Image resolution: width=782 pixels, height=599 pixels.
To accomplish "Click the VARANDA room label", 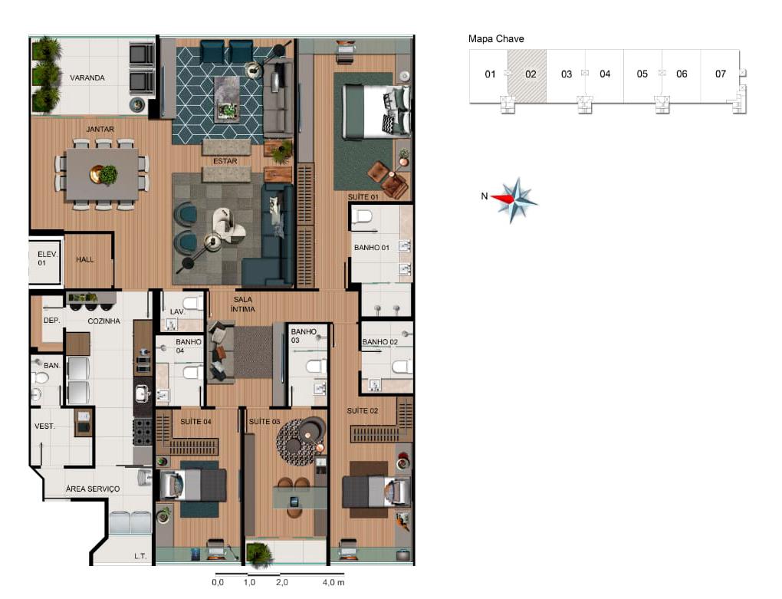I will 87,78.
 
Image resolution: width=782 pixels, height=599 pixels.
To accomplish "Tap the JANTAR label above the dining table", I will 100,130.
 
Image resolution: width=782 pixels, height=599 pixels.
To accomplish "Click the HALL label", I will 85,260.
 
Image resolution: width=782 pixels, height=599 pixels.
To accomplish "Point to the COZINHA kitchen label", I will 103,321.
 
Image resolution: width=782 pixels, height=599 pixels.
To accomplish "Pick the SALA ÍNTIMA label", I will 243,304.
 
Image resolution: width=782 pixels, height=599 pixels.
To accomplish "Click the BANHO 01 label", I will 372,248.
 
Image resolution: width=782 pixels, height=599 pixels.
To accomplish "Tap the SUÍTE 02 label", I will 363,411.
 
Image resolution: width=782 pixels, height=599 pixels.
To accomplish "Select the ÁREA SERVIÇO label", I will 93,489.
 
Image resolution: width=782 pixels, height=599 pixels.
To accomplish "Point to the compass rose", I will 517,199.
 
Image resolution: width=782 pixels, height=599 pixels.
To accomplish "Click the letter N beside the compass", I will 484,196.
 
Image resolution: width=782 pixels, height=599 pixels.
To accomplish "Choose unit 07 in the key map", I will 720,74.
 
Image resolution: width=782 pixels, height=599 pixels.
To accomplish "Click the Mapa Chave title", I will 496,38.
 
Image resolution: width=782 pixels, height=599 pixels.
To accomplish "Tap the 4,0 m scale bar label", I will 333,583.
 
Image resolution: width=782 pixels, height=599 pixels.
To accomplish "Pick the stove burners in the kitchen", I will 143,432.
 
